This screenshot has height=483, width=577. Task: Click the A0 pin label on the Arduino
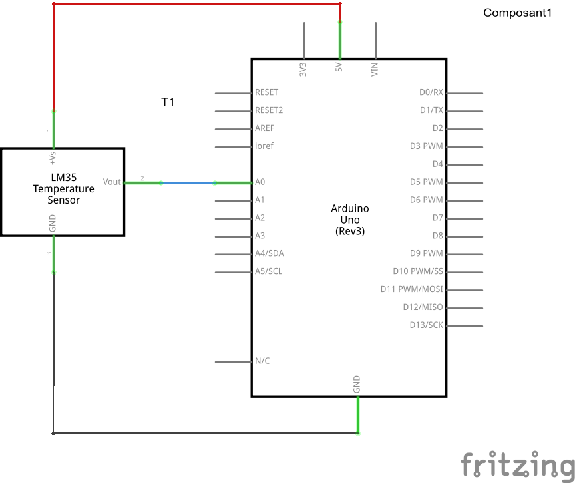(x=260, y=182)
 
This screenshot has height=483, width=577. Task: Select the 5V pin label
(x=339, y=68)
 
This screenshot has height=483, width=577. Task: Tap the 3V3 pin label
(x=303, y=69)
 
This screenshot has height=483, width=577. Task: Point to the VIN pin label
(x=375, y=68)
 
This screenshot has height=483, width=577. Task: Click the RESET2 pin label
(x=269, y=110)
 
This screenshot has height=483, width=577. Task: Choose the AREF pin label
(x=264, y=128)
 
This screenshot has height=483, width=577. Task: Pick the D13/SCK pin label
(x=427, y=325)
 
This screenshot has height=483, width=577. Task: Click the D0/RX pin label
(x=431, y=92)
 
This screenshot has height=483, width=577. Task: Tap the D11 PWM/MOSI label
(x=411, y=289)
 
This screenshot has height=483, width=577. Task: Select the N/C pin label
(x=262, y=361)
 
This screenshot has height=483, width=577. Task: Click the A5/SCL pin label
(x=268, y=271)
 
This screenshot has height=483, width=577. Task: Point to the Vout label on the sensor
(x=112, y=182)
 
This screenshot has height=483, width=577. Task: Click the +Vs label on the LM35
(x=53, y=157)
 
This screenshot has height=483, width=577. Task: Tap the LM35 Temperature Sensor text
(x=63, y=189)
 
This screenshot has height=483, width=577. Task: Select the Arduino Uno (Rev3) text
(x=349, y=220)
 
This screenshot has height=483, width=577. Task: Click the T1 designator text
(x=168, y=102)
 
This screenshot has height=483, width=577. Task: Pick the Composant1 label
(x=517, y=13)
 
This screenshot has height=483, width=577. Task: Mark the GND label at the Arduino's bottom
(x=357, y=383)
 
